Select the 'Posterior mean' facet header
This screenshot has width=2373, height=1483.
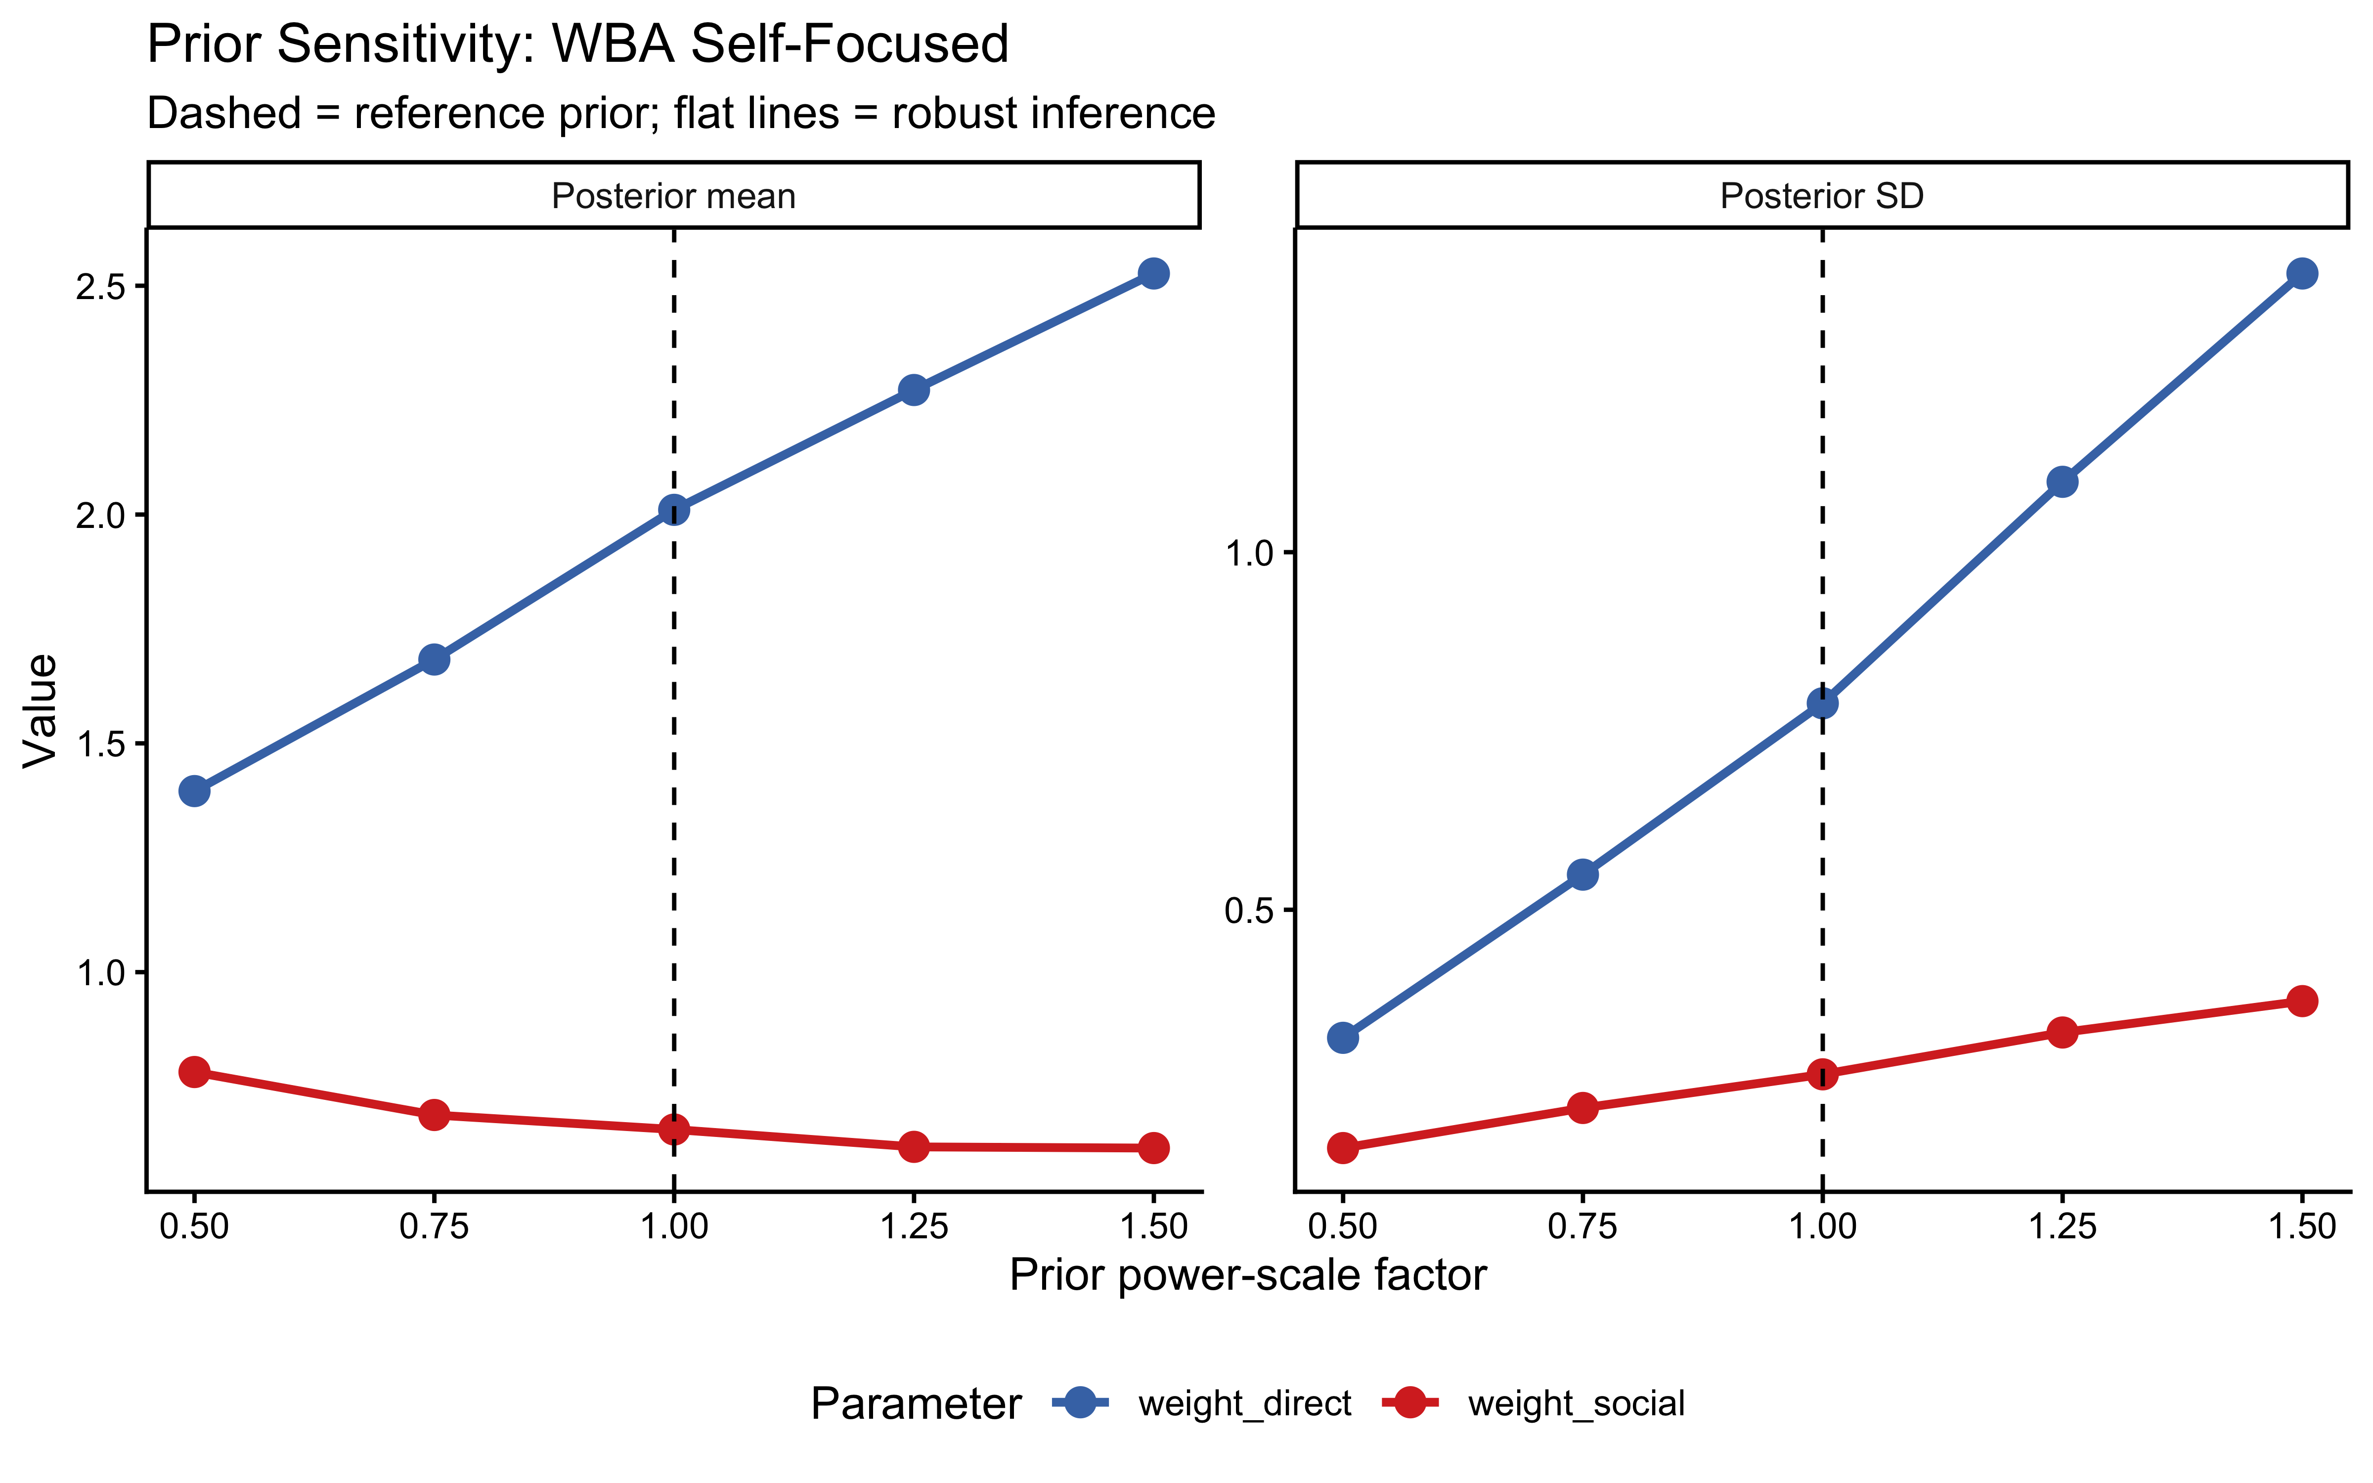pyautogui.click(x=674, y=196)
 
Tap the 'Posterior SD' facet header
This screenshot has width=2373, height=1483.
pyautogui.click(x=1822, y=196)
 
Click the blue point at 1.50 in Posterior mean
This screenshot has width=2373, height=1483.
pyautogui.click(x=1153, y=274)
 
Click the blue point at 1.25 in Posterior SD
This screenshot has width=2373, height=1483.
pyautogui.click(x=2062, y=481)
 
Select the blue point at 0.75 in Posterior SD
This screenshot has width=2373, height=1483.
pyautogui.click(x=1582, y=874)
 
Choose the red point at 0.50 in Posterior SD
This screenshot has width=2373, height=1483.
pyautogui.click(x=1343, y=1147)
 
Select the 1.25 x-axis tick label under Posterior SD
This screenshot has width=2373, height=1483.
pyautogui.click(x=2062, y=1227)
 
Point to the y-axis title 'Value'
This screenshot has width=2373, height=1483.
pyautogui.click(x=41, y=710)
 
